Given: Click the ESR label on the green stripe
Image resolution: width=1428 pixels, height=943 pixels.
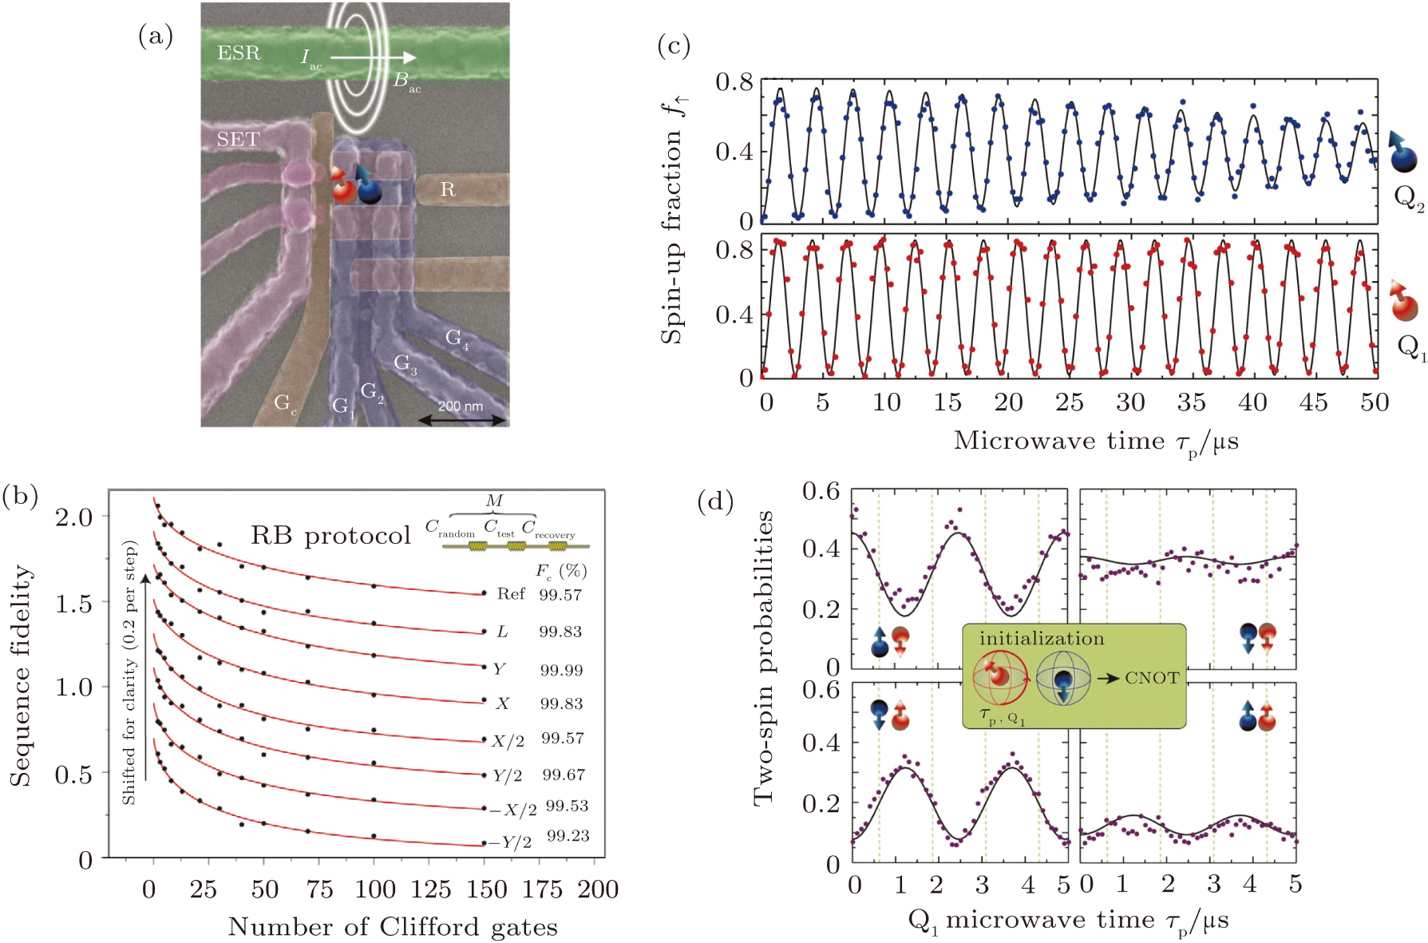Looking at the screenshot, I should (x=239, y=53).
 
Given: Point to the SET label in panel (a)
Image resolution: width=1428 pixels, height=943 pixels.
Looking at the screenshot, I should (x=238, y=140).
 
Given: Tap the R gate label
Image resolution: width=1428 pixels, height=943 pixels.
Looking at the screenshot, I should (x=448, y=190).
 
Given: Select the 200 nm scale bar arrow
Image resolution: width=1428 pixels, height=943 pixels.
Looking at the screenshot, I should (x=462, y=420).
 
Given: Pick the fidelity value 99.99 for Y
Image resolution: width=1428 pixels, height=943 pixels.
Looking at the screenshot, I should (x=561, y=670).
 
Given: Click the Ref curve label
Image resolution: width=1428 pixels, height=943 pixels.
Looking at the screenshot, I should (x=511, y=594).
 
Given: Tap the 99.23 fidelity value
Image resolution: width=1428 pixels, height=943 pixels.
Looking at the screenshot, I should (x=568, y=836).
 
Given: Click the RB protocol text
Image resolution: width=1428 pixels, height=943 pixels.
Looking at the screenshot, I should (x=330, y=535).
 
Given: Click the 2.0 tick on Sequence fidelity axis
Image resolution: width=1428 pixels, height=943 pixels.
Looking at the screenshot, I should (x=73, y=517).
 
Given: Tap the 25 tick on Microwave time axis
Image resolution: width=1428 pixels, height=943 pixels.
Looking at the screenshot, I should (x=1069, y=402).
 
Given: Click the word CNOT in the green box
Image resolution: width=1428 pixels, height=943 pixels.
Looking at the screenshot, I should (x=1152, y=678).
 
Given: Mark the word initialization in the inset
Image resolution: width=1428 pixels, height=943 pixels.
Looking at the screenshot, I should (x=1042, y=639).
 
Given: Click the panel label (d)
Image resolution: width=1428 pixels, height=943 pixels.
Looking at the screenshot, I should (x=715, y=501).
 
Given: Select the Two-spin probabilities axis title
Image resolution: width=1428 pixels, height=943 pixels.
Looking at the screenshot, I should (x=764, y=658).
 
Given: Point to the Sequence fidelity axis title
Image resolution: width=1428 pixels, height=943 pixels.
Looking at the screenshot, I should (x=22, y=676).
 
